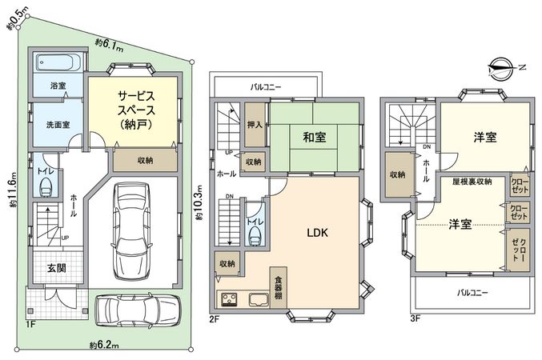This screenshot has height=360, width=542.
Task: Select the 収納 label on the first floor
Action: tap(145, 160)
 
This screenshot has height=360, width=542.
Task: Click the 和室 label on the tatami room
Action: tap(314, 137)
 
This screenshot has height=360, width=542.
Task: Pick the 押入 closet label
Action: tap(255, 125)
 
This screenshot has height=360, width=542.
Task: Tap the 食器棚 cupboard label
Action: tap(278, 286)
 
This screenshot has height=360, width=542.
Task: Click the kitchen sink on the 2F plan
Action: tap(259, 301)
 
